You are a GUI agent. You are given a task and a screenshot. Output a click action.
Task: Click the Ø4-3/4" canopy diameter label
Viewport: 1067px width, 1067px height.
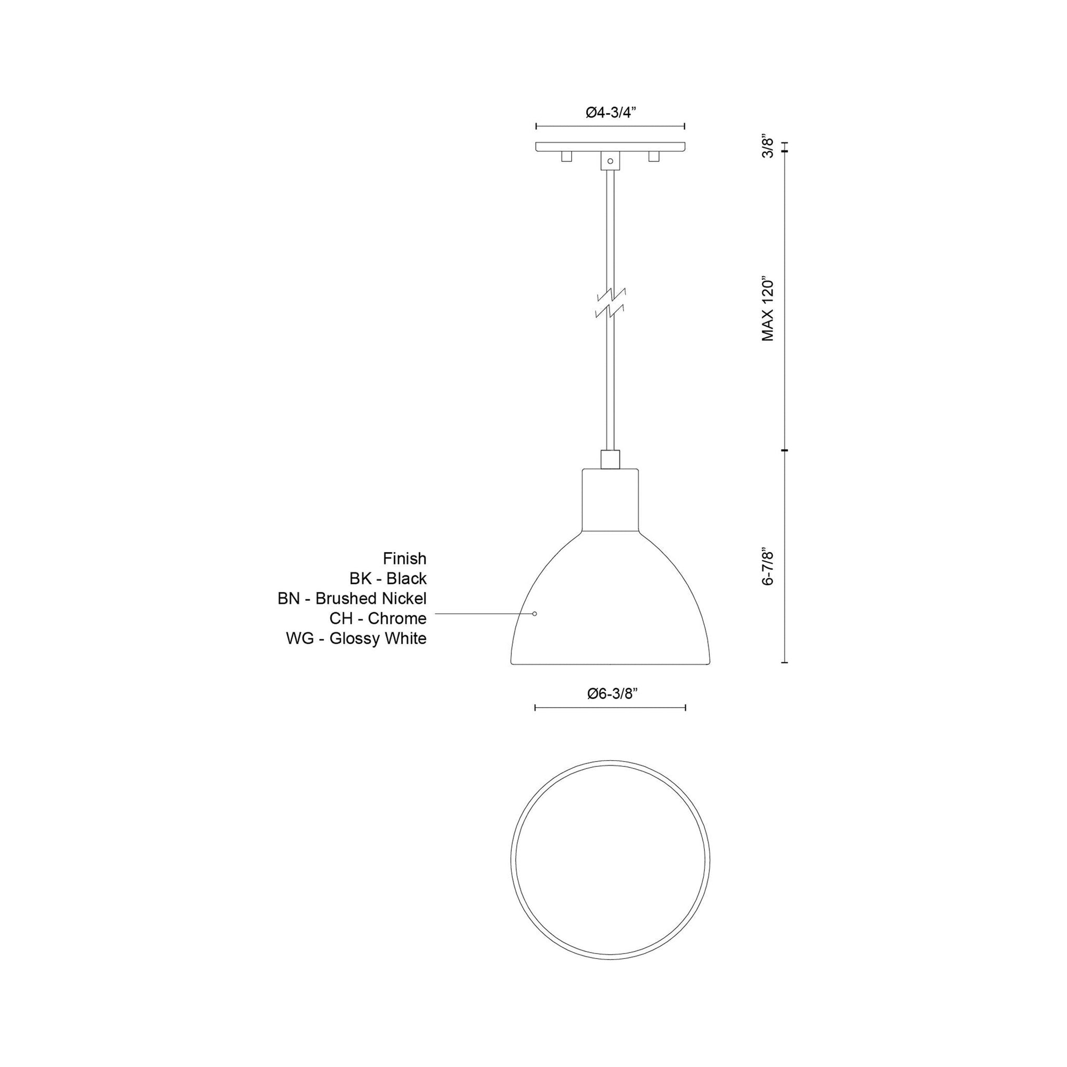[x=611, y=113]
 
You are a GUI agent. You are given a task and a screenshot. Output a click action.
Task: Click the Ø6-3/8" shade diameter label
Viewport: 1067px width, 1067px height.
[x=613, y=693]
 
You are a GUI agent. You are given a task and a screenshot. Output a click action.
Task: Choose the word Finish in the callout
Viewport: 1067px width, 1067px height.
[x=404, y=559]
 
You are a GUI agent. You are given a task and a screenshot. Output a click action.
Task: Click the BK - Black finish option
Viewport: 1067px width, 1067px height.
[x=388, y=578]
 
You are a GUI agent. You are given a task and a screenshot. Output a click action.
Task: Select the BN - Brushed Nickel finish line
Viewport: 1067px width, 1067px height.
[x=352, y=598]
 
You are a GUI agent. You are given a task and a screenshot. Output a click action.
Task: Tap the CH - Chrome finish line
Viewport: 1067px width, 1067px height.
[x=378, y=618]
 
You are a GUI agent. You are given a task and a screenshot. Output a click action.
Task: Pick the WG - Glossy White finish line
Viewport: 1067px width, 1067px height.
[x=356, y=638]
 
